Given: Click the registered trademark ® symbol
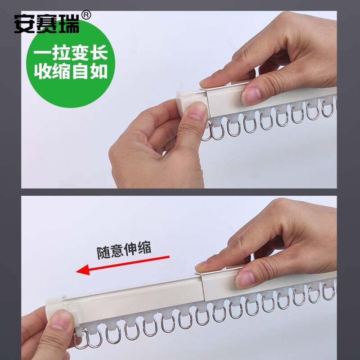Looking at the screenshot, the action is pyautogui.click(x=86, y=15).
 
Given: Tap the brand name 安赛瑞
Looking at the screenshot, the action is pyautogui.click(x=47, y=24).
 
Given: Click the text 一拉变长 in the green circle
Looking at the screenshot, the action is pyautogui.click(x=71, y=53).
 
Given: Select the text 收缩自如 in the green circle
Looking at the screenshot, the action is pyautogui.click(x=71, y=72).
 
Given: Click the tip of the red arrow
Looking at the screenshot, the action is pyautogui.click(x=76, y=272).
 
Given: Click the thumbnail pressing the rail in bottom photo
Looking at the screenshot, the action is pyautogui.click(x=245, y=279).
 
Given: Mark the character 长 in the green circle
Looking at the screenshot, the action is pyautogui.click(x=99, y=53).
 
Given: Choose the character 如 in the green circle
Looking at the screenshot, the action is pyautogui.click(x=99, y=72).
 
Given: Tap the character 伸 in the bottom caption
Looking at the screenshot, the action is pyautogui.click(x=130, y=249).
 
